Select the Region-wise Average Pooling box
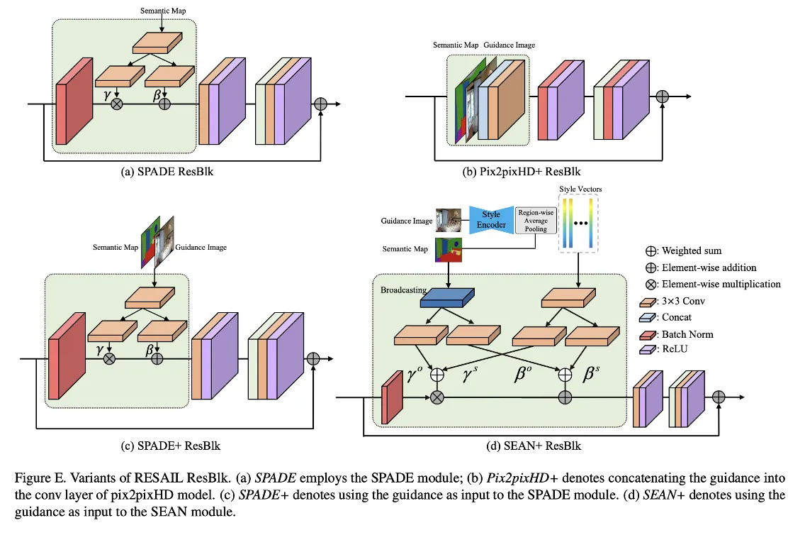click(536, 220)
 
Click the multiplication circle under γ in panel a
click(118, 104)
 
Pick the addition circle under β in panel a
click(165, 104)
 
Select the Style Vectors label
click(578, 188)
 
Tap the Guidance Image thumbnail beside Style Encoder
click(447, 220)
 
